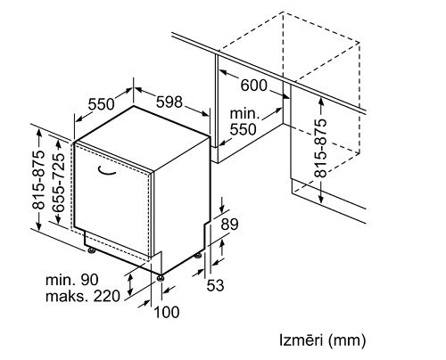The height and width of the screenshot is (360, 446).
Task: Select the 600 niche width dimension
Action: [x=254, y=85]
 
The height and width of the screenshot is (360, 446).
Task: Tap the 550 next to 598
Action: [x=101, y=103]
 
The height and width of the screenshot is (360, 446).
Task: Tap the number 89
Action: [x=230, y=225]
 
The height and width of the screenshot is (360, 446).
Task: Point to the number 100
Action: [x=166, y=312]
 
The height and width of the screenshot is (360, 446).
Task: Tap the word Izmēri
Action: [x=299, y=340]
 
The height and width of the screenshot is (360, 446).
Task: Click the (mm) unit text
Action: [x=347, y=340]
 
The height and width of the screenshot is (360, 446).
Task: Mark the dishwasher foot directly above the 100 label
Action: [x=161, y=276]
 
